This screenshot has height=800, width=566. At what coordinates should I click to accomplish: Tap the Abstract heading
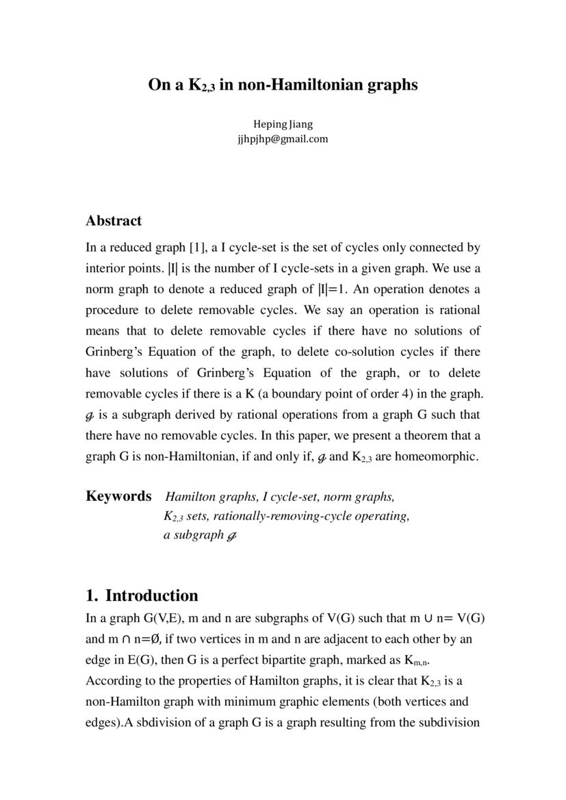[114, 221]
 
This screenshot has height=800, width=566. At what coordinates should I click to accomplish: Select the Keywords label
[118, 495]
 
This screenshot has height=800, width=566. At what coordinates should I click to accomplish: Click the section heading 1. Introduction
[142, 595]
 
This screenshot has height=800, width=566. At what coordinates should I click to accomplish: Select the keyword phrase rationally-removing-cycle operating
[286, 515]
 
